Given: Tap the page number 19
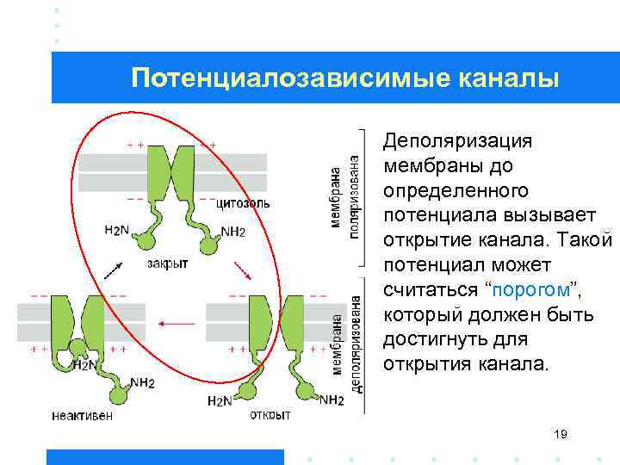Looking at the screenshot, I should tap(561, 436).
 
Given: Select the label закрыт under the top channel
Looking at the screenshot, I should tap(167, 263).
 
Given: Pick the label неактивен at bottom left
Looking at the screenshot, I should tap(82, 415).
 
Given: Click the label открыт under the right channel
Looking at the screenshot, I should tap(270, 414).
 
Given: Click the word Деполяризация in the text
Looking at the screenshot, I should tap(458, 140).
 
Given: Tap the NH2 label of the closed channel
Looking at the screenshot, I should tap(233, 232).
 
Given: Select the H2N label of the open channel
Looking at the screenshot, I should tap(220, 401).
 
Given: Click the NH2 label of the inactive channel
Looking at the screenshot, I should tap(143, 382).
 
